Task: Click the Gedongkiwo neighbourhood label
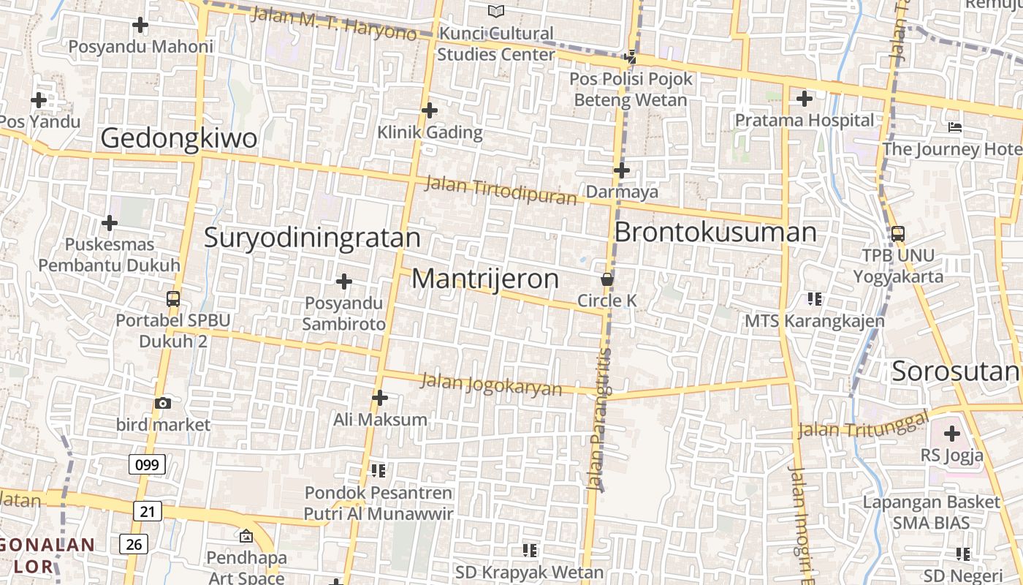[x=179, y=138]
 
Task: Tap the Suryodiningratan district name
[x=312, y=238]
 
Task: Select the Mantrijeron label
[x=485, y=279]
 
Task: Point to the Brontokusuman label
[x=715, y=233]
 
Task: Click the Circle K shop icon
[x=606, y=279]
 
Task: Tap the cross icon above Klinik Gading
[x=430, y=110]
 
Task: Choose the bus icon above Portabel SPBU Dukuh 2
[x=173, y=298]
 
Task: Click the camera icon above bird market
[x=163, y=403]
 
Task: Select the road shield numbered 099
[x=147, y=464]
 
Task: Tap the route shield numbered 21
[x=147, y=511]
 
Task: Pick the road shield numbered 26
[x=134, y=544]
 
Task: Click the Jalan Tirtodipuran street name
[x=501, y=190]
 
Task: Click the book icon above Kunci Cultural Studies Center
[x=496, y=11]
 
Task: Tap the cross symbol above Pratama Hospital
[x=805, y=98]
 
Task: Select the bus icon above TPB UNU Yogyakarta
[x=898, y=234]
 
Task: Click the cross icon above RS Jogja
[x=951, y=434]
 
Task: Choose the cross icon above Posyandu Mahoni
[x=140, y=25]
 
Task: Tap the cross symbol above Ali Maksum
[x=380, y=398]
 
